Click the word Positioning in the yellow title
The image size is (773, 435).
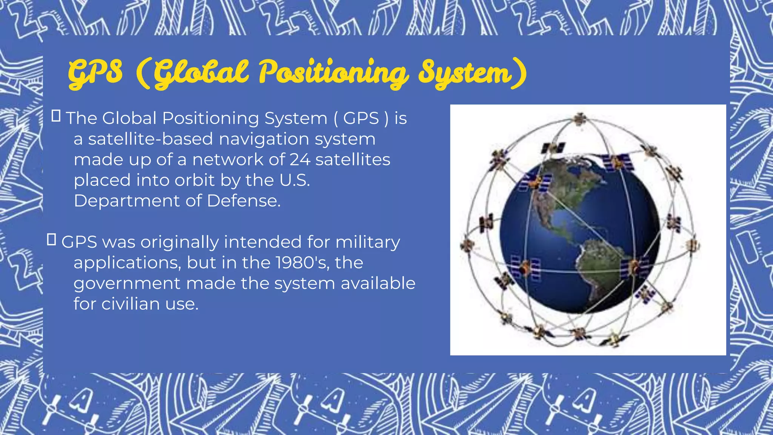pyautogui.click(x=333, y=72)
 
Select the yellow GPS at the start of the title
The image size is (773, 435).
pyautogui.click(x=95, y=72)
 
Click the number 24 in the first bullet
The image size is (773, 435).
pyautogui.click(x=300, y=159)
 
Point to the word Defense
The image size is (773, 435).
pyautogui.click(x=243, y=201)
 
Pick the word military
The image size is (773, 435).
pyautogui.click(x=368, y=242)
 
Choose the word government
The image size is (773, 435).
pyautogui.click(x=127, y=284)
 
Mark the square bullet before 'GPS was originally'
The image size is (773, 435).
pyautogui.click(x=52, y=239)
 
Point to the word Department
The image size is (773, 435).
pyautogui.click(x=126, y=201)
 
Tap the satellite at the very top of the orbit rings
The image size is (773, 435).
pyautogui.click(x=579, y=119)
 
